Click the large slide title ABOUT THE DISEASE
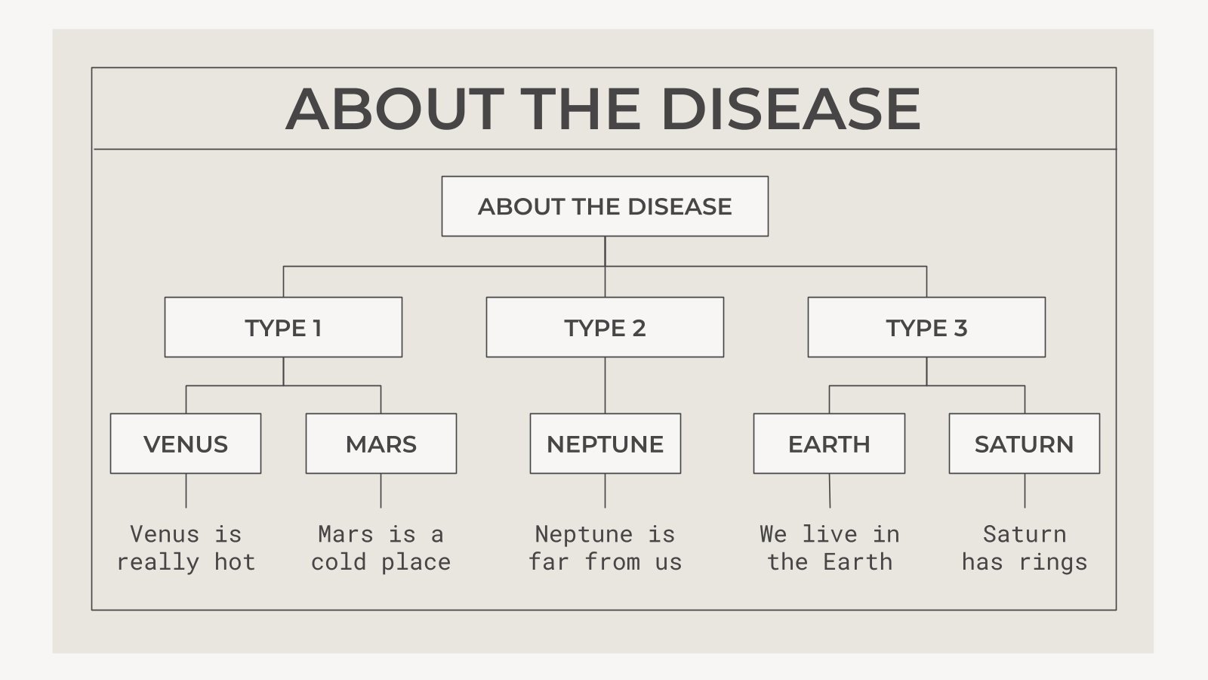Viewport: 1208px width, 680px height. click(603, 109)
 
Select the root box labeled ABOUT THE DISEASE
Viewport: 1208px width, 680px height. click(605, 206)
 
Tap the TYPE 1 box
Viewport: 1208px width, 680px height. click(283, 327)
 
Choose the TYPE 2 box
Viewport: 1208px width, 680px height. click(605, 327)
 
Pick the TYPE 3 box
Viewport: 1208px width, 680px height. click(926, 327)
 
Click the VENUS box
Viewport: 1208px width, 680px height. click(186, 444)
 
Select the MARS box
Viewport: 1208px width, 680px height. click(381, 444)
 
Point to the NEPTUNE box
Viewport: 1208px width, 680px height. click(605, 444)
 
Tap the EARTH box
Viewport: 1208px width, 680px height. click(829, 444)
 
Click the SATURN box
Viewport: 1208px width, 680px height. click(1024, 444)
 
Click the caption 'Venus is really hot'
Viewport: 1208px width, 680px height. click(186, 548)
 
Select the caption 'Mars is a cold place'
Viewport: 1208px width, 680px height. click(381, 548)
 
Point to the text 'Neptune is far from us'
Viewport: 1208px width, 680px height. click(605, 548)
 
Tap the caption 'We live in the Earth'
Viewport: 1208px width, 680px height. click(830, 548)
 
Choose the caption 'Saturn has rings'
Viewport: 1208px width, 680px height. click(1025, 548)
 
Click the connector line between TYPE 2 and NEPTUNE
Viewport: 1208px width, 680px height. click(605, 385)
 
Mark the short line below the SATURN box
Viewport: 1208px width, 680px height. click(1025, 491)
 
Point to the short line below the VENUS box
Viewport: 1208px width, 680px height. click(186, 491)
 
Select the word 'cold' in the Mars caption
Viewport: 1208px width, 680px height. click(338, 562)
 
